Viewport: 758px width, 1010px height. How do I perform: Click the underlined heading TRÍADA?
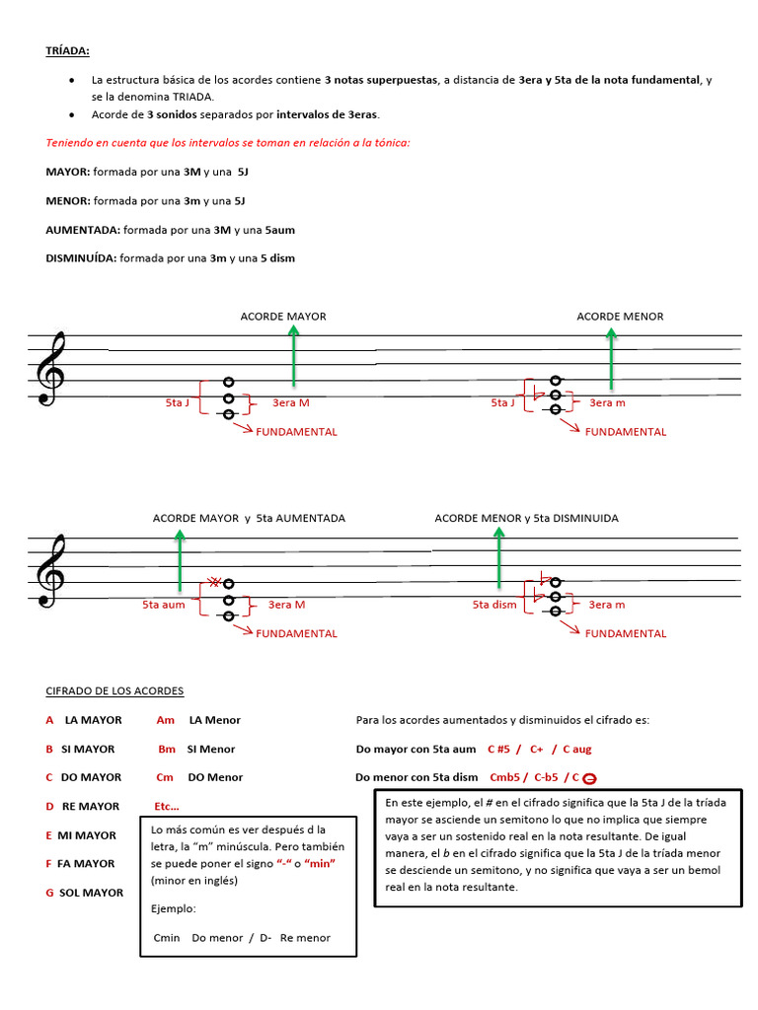[x=67, y=50]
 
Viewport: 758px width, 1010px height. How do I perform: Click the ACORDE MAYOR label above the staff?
[x=283, y=317]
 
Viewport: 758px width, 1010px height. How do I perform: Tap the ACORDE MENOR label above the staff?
[x=620, y=317]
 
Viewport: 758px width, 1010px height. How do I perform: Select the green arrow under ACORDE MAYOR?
[x=293, y=355]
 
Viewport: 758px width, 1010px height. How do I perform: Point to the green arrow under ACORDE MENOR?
[x=611, y=357]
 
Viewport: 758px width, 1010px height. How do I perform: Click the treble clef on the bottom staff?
[x=50, y=571]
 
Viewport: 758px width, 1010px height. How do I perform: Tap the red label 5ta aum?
[x=164, y=605]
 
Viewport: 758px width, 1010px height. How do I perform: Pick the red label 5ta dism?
[x=494, y=605]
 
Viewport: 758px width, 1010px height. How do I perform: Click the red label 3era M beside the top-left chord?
[x=290, y=402]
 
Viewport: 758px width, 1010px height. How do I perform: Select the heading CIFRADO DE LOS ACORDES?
[x=114, y=691]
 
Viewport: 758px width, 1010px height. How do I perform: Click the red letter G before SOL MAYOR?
[x=49, y=893]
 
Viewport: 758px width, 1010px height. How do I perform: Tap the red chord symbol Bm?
[x=167, y=750]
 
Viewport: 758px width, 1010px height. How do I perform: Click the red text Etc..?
[x=167, y=807]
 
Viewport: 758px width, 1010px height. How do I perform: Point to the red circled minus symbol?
[x=589, y=778]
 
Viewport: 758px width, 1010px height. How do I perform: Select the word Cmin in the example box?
[x=168, y=938]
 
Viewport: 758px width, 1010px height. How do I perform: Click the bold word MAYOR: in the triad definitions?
[x=68, y=172]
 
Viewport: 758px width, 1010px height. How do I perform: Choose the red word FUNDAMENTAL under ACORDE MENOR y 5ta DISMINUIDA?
[x=626, y=634]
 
